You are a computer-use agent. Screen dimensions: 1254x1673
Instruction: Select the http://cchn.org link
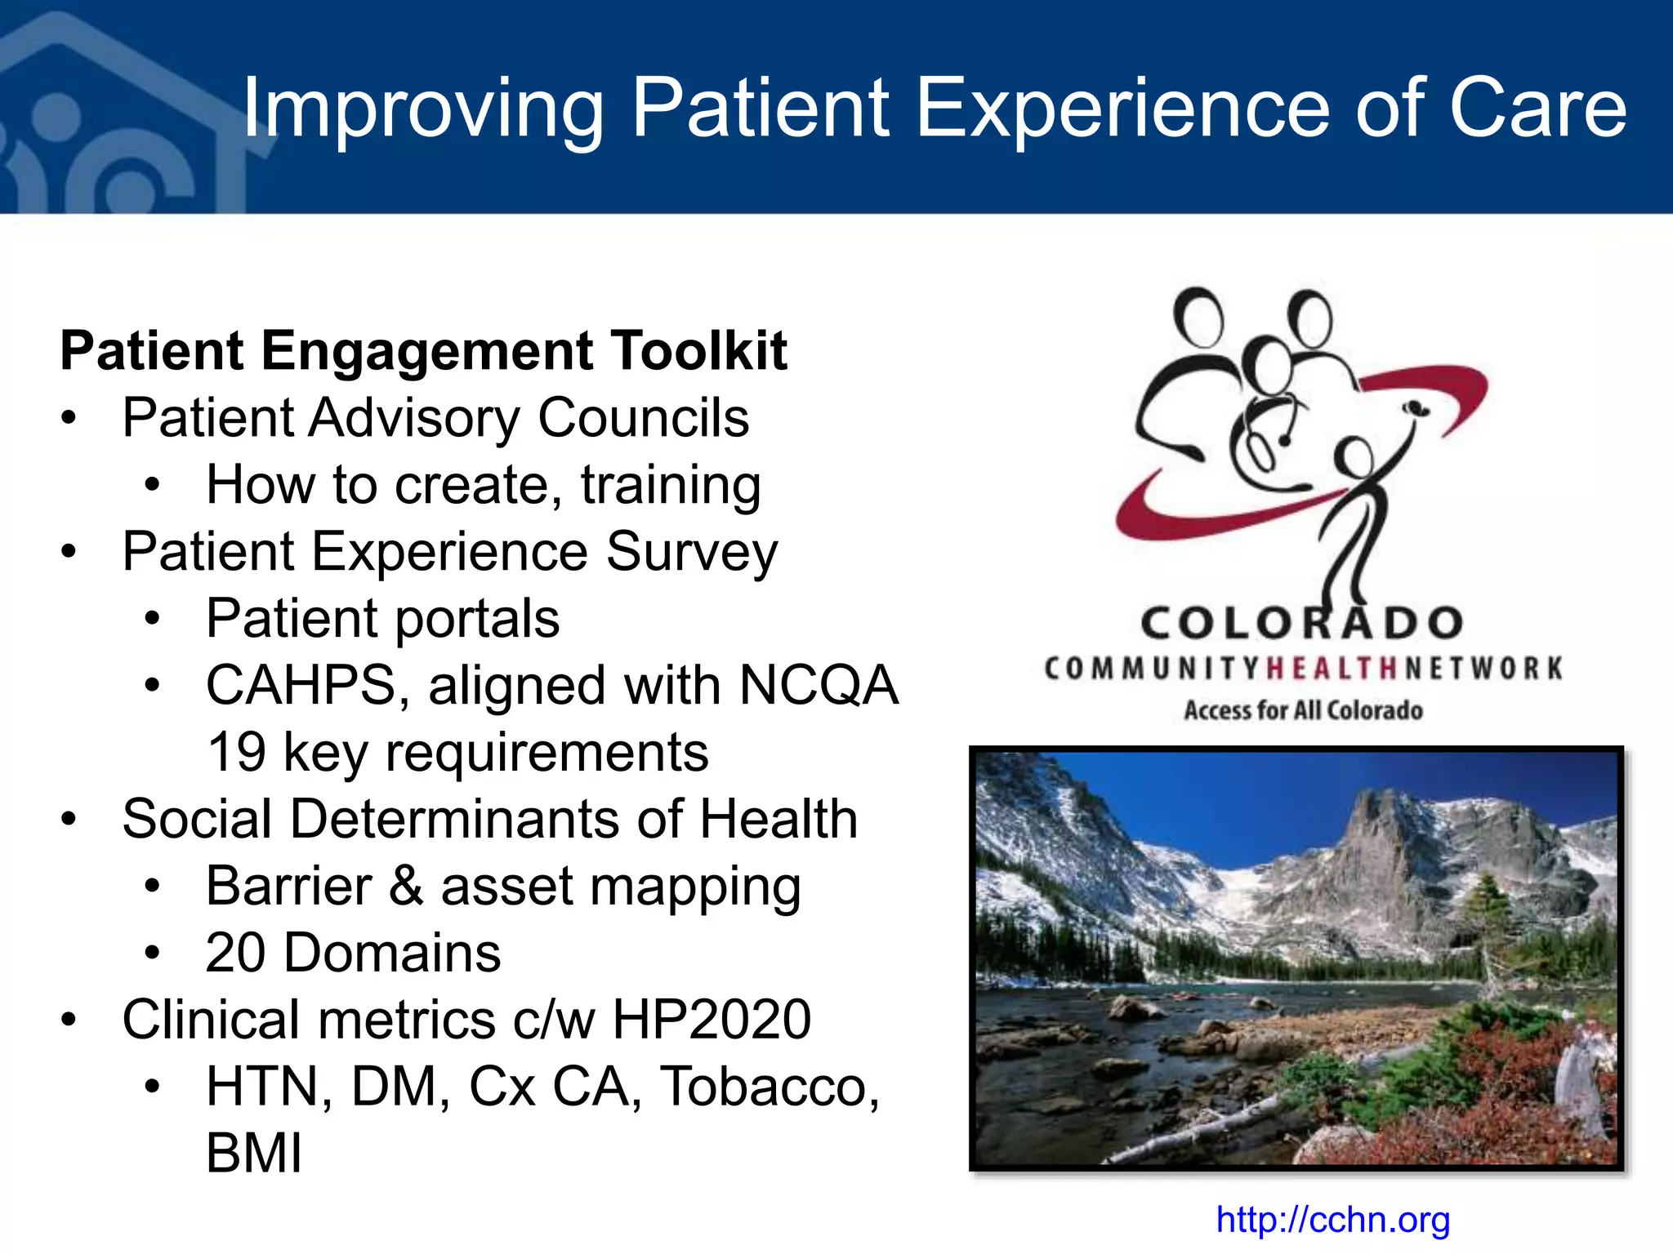1332,1220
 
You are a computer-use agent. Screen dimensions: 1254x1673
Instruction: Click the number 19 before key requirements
236,752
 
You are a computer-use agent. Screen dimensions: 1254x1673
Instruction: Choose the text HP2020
711,1020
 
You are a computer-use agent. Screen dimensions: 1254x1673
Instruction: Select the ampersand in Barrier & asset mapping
406,886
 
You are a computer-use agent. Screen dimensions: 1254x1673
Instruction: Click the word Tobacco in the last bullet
769,1087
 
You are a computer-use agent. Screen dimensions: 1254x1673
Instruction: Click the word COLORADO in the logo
1302,624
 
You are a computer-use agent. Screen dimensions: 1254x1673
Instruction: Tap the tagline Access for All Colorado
1303,710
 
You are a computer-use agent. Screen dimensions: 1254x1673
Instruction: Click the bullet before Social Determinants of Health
69,819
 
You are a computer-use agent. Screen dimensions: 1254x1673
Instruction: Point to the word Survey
691,552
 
